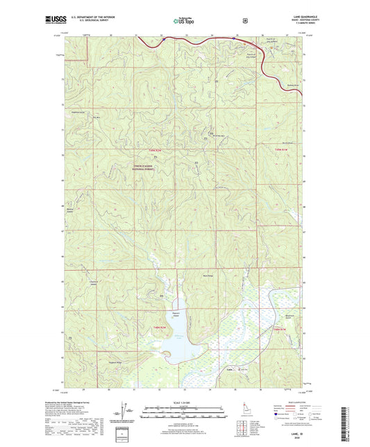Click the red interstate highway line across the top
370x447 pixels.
click(208, 46)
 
